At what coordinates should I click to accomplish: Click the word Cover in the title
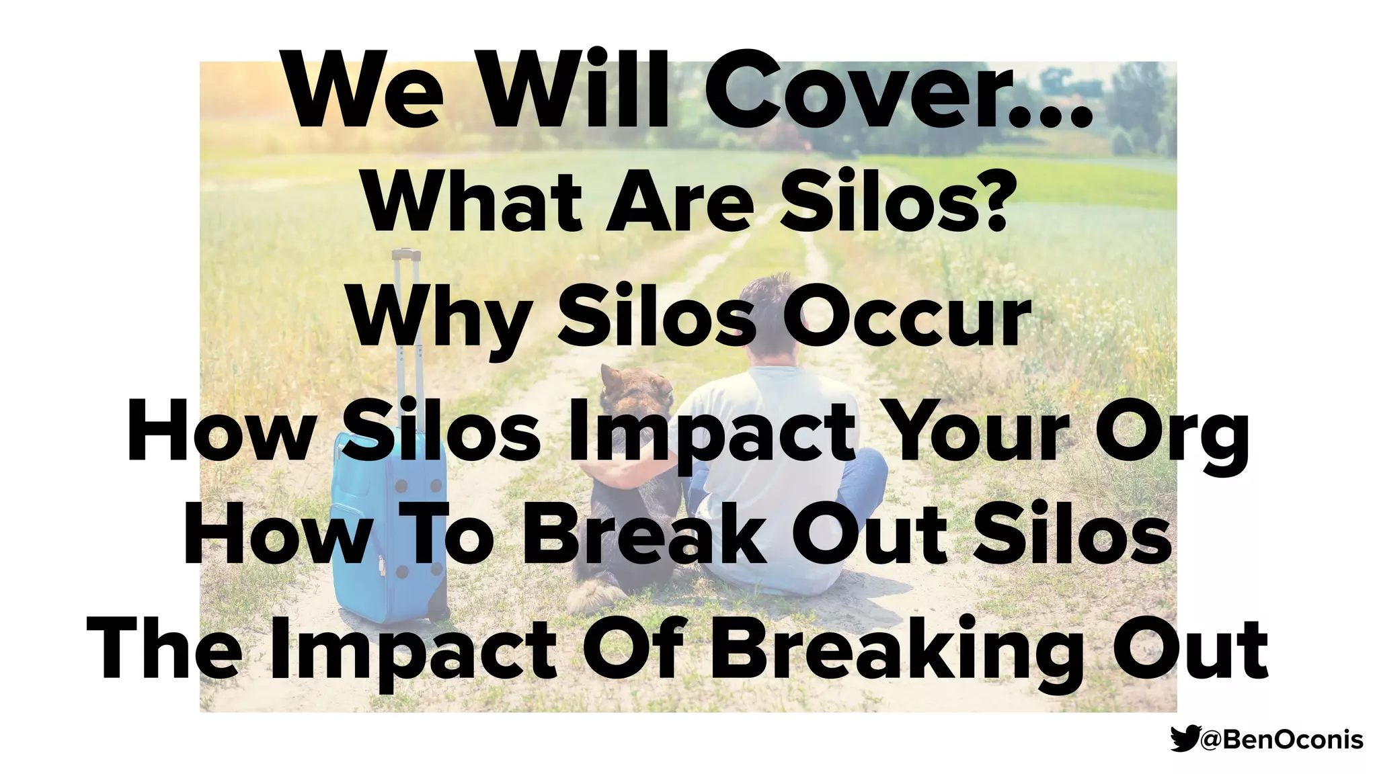pyautogui.click(x=894, y=91)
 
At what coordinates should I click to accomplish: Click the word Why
pyautogui.click(x=441, y=319)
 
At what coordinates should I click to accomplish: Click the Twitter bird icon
pyautogui.click(x=1184, y=738)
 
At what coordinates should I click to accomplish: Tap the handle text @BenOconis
pyautogui.click(x=1282, y=740)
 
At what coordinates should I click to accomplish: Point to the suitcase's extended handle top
pyautogui.click(x=406, y=255)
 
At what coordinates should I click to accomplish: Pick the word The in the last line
pyautogui.click(x=165, y=648)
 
